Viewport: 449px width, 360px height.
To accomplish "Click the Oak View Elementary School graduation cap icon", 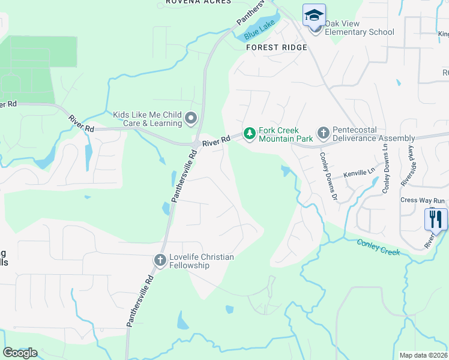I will (314, 15).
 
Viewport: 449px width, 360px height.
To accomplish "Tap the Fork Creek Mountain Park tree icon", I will (249, 132).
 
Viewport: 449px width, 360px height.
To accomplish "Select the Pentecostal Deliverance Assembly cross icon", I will (323, 132).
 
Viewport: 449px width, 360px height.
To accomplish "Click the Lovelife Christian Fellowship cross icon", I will (160, 260).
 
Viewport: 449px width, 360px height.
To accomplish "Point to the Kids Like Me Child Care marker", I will (191, 118).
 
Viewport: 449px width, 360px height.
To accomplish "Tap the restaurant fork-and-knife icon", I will (435, 218).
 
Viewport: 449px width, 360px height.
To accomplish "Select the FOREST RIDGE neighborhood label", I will (276, 47).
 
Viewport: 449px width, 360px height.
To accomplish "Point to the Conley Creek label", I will (378, 247).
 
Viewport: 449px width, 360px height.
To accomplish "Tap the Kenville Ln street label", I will (359, 173).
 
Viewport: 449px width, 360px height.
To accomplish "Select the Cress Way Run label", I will (423, 200).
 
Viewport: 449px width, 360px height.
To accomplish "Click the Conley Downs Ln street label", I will (385, 168).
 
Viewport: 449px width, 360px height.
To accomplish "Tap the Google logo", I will (20, 352).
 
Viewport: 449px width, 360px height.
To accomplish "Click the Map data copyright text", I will (424, 355).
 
